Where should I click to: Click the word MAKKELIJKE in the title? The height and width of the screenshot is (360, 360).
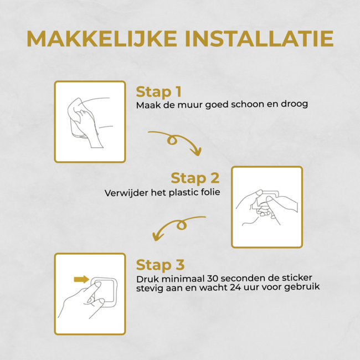tap(102, 39)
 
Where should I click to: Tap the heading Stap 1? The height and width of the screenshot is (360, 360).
tap(158, 92)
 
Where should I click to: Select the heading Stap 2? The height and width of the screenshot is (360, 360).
tap(195, 178)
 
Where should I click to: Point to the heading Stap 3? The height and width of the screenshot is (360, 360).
tap(160, 265)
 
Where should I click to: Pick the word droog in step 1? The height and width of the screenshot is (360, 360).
tap(294, 104)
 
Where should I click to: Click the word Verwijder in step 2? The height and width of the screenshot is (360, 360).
tap(126, 193)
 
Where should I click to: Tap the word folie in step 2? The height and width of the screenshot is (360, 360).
tap(210, 192)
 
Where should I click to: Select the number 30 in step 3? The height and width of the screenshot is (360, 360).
tap(213, 279)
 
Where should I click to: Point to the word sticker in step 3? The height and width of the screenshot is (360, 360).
tap(297, 277)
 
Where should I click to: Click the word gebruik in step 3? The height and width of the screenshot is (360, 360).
tap(302, 287)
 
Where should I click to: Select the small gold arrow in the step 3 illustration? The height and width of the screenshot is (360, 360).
tap(81, 279)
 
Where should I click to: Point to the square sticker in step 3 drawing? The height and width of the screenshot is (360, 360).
tap(105, 290)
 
